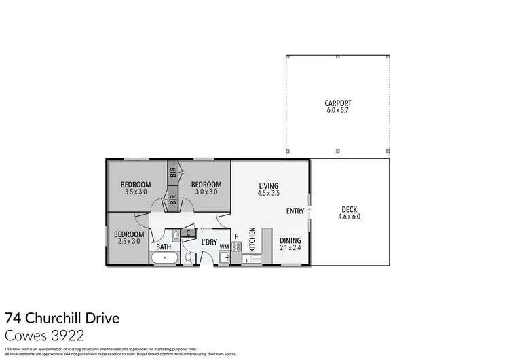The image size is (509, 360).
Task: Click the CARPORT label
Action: [337, 103]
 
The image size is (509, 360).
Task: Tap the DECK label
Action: [349, 209]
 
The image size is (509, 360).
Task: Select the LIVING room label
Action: [269, 186]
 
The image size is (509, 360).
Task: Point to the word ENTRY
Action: [295, 211]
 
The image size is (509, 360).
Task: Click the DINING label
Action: [290, 240]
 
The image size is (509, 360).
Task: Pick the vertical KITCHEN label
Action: [252, 240]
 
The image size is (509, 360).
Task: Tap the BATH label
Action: [164, 247]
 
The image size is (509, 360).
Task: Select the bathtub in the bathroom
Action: [165, 258]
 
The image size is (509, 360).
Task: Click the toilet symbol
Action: [189, 258]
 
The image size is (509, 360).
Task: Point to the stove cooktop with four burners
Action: [236, 247]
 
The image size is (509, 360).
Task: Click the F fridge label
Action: [236, 237]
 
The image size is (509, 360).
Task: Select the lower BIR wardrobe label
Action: [173, 200]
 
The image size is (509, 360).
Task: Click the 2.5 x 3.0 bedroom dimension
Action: [129, 241]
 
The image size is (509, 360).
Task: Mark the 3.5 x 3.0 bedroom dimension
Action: [136, 192]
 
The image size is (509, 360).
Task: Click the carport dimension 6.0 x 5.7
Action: [337, 110]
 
